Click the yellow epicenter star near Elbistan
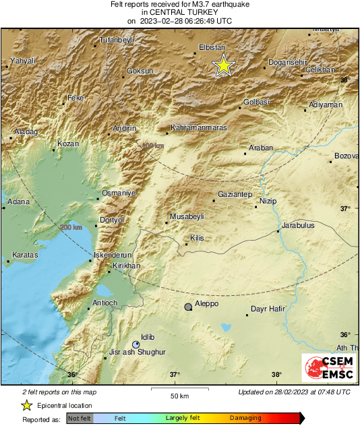click(223, 65)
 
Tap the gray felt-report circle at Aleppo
click(189, 307)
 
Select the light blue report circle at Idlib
click(136, 344)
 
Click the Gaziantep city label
click(235, 194)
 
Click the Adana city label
click(18, 201)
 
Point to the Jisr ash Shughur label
click(137, 352)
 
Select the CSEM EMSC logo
click(326, 370)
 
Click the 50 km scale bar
click(179, 389)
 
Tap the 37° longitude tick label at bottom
click(175, 375)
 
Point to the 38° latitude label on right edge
click(345, 80)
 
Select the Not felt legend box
click(80, 419)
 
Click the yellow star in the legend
click(26, 405)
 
